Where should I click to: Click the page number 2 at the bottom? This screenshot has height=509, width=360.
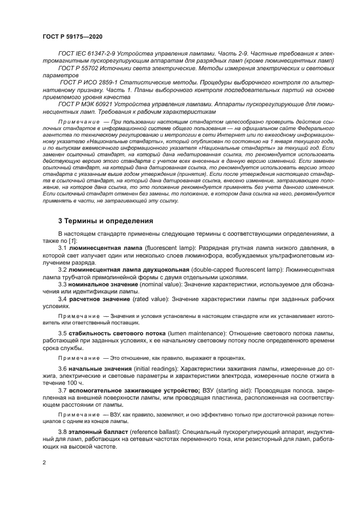[x=44, y=463]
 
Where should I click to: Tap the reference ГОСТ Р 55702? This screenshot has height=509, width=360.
[x=80, y=69]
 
